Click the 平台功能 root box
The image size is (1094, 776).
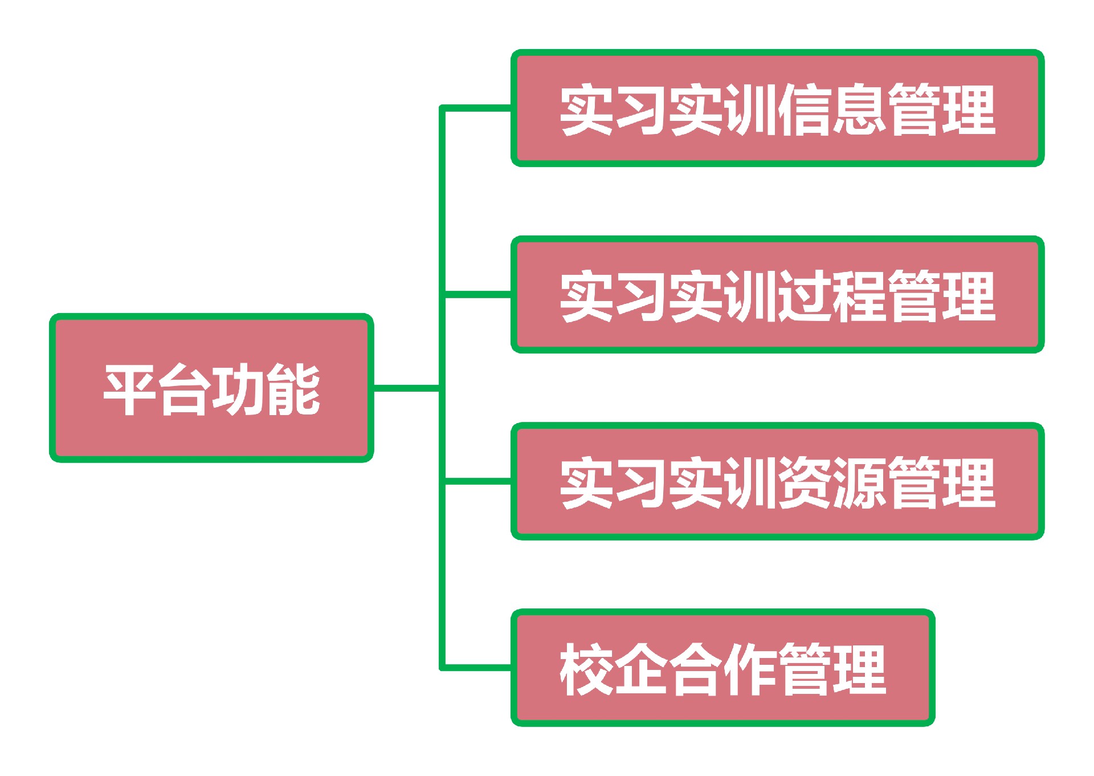pyautogui.click(x=211, y=388)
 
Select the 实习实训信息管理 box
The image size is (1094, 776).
pyautogui.click(x=777, y=108)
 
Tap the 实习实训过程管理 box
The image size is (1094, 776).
pyautogui.click(x=777, y=295)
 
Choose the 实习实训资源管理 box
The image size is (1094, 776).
pyautogui.click(x=777, y=481)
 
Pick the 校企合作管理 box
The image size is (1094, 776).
pyautogui.click(x=722, y=668)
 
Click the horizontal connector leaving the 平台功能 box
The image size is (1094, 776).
pyautogui.click(x=406, y=388)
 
